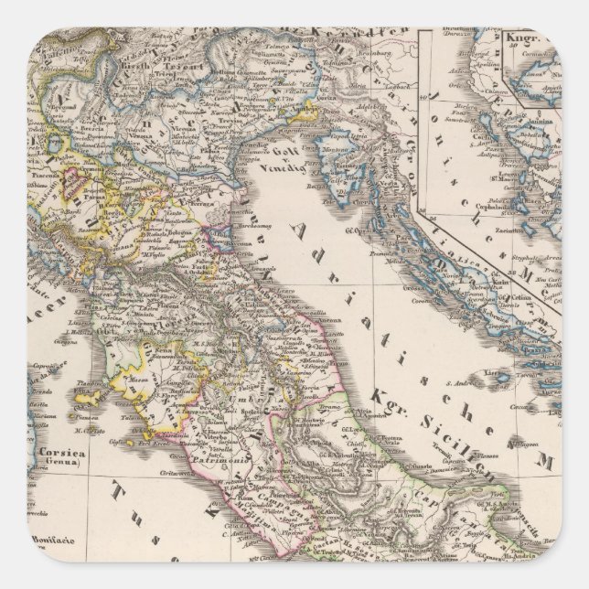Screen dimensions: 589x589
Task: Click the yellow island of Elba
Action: click(89, 396)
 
